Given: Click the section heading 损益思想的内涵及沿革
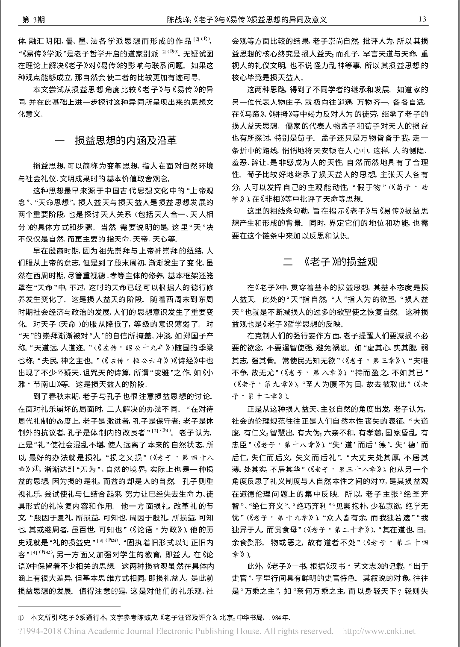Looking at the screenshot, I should (x=126, y=141).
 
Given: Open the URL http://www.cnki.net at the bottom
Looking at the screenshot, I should (x=379, y=631).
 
